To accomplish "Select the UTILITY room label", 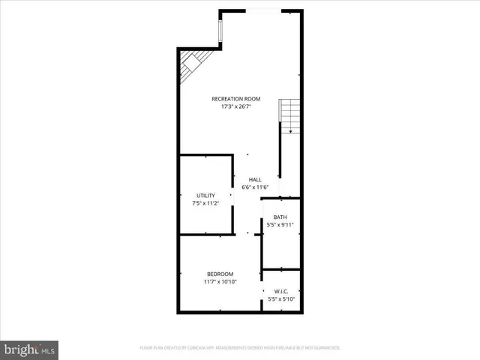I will pos(205,195).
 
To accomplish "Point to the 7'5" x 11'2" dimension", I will pos(205,203).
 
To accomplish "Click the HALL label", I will pos(255,179).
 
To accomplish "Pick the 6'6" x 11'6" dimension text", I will pos(255,187).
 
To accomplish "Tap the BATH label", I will pos(280,217).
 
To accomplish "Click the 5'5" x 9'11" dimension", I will pos(280,225).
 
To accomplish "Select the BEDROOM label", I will pos(220,274).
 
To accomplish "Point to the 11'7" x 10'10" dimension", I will pos(220,282).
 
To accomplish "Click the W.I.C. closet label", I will pos(281,292).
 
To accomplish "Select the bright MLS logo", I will pos(29,349).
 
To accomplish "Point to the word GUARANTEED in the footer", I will pos(325,348).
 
